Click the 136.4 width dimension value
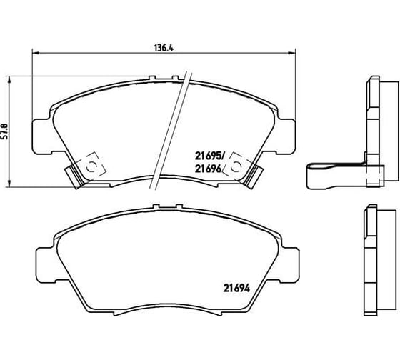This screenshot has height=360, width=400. tap(164, 48)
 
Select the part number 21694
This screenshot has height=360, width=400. tap(236, 288)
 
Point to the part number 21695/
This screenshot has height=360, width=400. tap(209, 156)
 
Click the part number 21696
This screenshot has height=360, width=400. tap(208, 169)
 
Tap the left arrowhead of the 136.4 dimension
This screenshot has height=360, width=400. tap(35, 53)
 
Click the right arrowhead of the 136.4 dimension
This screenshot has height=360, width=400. tap(292, 53)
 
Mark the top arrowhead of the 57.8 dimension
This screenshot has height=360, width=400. tap(9, 79)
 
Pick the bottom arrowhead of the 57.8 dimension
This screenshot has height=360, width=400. tap(9, 184)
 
